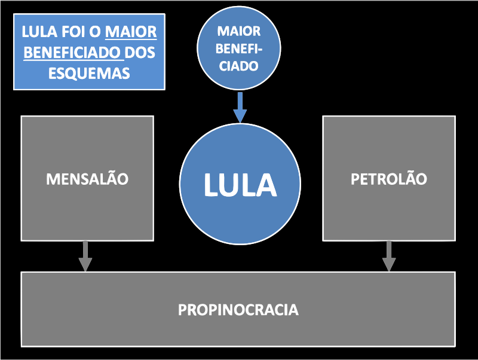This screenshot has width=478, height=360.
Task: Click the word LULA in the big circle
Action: (240, 185)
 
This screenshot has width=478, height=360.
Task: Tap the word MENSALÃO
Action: (87, 179)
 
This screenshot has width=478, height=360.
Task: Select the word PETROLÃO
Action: (389, 179)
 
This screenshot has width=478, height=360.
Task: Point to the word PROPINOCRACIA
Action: (238, 310)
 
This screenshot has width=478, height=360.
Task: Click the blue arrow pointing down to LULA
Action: (240, 107)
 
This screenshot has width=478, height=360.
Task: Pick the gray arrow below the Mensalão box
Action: (87, 256)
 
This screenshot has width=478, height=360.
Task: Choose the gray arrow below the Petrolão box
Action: (389, 256)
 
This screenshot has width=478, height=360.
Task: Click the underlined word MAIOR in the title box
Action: (131, 32)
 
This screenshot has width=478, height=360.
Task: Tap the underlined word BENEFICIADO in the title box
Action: (73, 52)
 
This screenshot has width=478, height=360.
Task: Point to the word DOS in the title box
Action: (141, 52)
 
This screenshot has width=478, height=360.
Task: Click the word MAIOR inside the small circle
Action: (239, 31)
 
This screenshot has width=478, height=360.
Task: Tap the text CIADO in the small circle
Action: (239, 66)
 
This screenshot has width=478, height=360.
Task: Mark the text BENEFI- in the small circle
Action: (239, 48)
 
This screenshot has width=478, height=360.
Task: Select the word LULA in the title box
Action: (39, 32)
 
